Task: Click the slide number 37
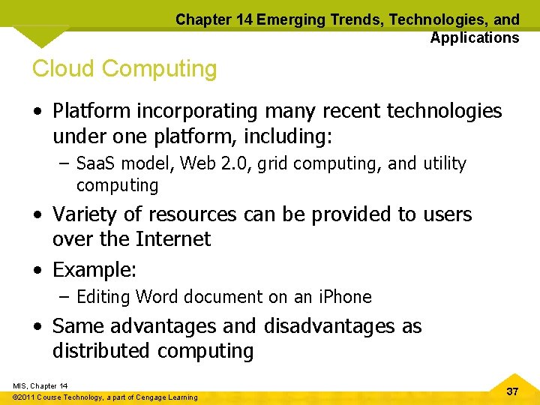[x=512, y=391]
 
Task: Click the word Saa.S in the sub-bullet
[x=97, y=163]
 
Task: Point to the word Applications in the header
[x=474, y=37]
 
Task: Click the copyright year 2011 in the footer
[x=29, y=397]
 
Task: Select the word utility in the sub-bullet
[x=445, y=163]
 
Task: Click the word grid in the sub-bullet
[x=273, y=163]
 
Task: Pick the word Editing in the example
[x=103, y=297]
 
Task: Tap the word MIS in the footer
[x=19, y=385]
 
